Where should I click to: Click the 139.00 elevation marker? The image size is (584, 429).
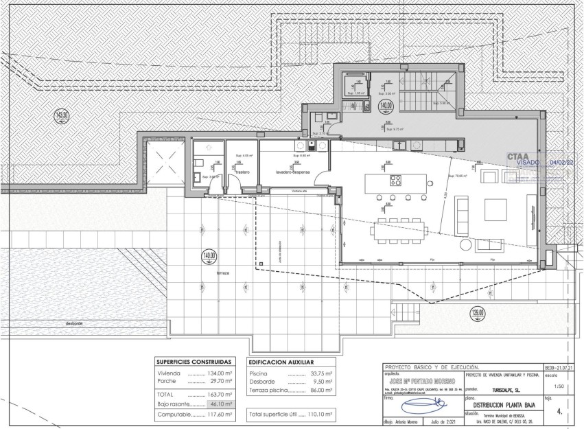pyautogui.click(x=478, y=314)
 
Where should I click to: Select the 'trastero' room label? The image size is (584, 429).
pyautogui.click(x=242, y=172)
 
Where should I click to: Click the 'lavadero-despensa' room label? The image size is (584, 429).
pyautogui.click(x=294, y=172)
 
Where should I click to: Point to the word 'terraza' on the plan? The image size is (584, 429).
pyautogui.click(x=221, y=273)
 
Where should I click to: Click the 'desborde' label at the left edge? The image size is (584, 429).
pyautogui.click(x=74, y=323)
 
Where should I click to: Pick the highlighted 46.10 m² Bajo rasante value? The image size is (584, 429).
pyautogui.click(x=220, y=406)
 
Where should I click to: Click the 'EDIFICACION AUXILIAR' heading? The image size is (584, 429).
pyautogui.click(x=281, y=362)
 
